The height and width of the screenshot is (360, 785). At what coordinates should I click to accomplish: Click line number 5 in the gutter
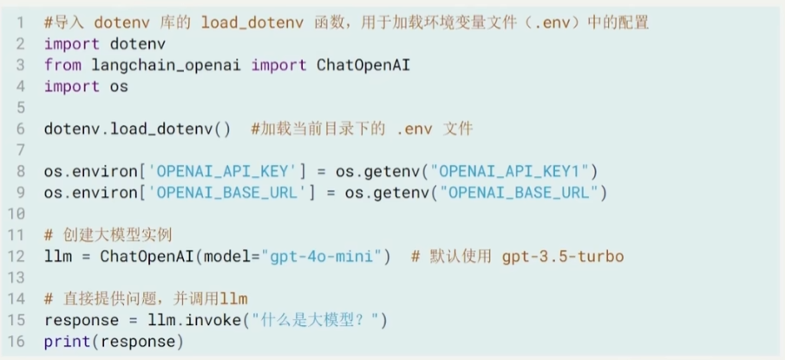click(20, 108)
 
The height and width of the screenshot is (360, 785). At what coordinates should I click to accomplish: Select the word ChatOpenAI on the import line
click(363, 65)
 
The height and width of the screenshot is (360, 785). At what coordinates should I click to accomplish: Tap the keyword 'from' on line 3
click(63, 65)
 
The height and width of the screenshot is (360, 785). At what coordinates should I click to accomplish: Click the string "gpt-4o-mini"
click(325, 257)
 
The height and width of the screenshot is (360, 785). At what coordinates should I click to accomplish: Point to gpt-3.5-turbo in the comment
click(563, 257)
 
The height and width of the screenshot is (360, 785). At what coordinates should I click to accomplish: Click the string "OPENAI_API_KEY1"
click(513, 172)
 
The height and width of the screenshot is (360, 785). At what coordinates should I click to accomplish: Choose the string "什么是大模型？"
click(316, 320)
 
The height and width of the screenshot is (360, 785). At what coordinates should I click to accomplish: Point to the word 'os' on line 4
click(119, 87)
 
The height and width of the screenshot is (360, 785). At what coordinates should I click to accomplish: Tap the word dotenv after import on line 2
click(138, 44)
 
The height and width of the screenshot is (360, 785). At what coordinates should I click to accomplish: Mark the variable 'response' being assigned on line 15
click(82, 320)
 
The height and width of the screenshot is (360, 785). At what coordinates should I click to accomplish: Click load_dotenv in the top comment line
click(252, 23)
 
